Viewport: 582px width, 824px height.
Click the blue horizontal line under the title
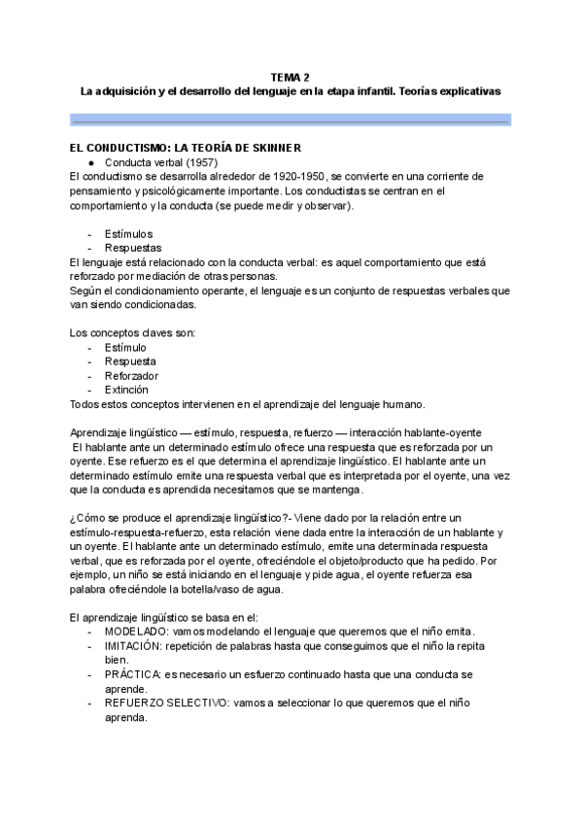[290, 121]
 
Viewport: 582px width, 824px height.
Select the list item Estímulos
[128, 234]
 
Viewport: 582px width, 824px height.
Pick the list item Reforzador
[131, 375]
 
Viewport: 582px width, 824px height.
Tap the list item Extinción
[127, 389]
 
